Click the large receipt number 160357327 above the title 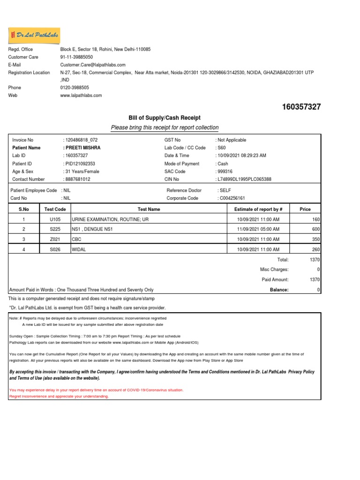(301, 107)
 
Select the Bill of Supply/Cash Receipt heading (164, 117)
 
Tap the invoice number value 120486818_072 (81, 140)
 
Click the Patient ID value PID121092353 (80, 164)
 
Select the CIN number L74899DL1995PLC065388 (245, 179)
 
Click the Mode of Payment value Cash (222, 164)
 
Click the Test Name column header (149, 209)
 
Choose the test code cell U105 (55, 219)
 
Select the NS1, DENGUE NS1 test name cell (93, 229)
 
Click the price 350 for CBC (315, 240)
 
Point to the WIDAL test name (79, 249)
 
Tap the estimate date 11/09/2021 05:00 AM (258, 229)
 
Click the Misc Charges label (274, 270)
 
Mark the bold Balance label (279, 290)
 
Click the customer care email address (93, 65)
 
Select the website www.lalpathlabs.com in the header (81, 95)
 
